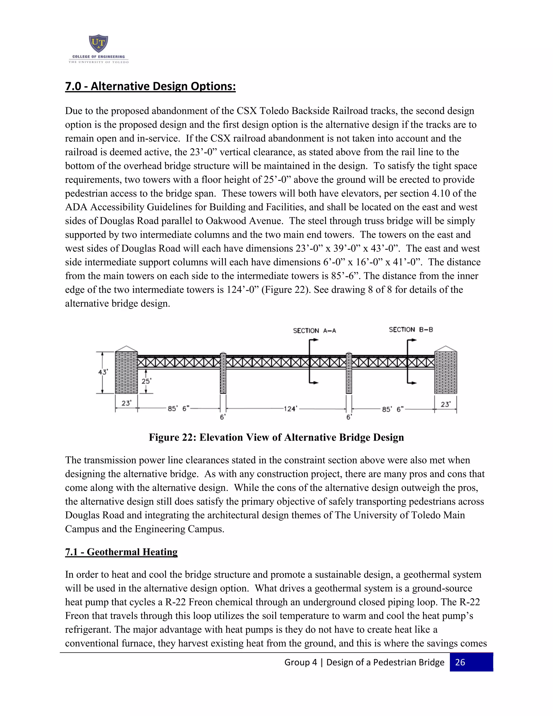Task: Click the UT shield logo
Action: pos(98,44)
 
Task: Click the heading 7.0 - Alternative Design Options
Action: pos(150,86)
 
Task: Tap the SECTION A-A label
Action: pos(314,330)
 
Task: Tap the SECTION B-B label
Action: pos(410,329)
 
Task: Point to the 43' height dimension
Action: pos(103,372)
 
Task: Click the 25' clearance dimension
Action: pos(146,381)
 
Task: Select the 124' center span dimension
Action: pos(290,409)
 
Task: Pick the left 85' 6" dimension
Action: pos(178,409)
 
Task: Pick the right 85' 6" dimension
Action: pos(392,409)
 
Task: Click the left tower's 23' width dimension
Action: pos(126,403)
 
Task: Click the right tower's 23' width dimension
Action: pos(445,404)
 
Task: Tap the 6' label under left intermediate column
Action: pos(222,417)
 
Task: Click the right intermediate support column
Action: pos(349,374)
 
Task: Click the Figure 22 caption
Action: pos(276,437)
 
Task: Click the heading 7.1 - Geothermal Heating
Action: pos(121,552)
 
